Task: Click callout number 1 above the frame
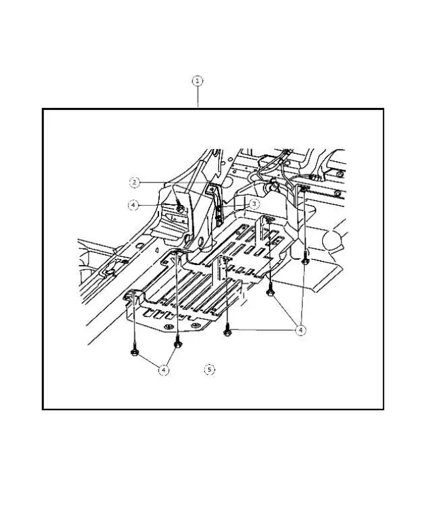(x=198, y=81)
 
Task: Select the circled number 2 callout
(x=134, y=181)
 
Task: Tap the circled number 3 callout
(x=254, y=204)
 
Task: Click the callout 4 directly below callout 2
(x=133, y=205)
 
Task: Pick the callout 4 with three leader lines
(x=301, y=330)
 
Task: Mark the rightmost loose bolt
(x=304, y=261)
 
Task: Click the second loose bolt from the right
(x=271, y=291)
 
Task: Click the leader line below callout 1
(x=198, y=97)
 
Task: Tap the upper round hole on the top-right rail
(x=339, y=174)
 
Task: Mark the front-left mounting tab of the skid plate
(x=132, y=297)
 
